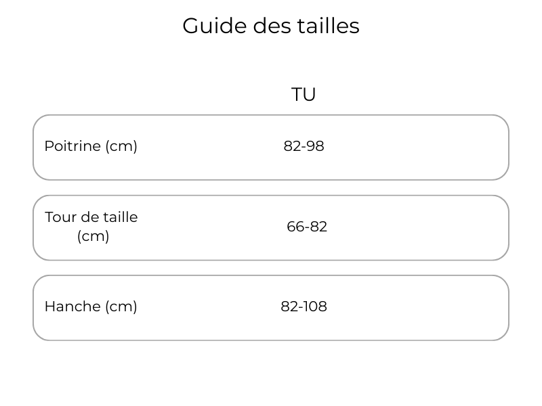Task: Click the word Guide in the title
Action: (214, 26)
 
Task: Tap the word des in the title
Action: (272, 26)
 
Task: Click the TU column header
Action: (304, 94)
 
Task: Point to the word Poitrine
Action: (72, 146)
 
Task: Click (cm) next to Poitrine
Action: (121, 146)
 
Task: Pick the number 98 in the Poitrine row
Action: (315, 146)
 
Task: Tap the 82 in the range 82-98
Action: (293, 146)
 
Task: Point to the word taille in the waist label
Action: (121, 217)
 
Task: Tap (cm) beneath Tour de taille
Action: (93, 236)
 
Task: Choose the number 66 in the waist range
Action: (296, 227)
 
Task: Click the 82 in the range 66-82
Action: (318, 227)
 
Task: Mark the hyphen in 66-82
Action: (307, 228)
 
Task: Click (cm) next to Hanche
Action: (121, 307)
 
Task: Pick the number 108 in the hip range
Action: (315, 307)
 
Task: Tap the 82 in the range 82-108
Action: (290, 307)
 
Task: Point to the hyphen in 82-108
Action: (301, 308)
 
